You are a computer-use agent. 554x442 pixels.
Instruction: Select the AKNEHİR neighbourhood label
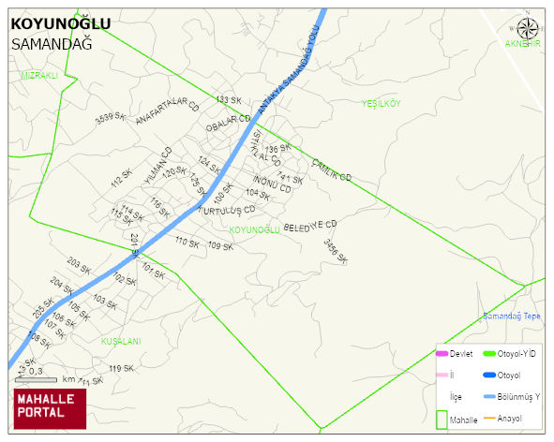coord(523,44)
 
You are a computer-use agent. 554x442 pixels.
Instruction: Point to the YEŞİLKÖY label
coord(381,104)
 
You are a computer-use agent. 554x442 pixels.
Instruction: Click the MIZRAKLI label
coord(39,75)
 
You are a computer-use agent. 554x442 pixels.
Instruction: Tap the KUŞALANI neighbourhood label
coord(120,342)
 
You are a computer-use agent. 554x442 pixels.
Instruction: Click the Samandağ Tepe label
coord(511,316)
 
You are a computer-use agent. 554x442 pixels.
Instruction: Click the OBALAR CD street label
coord(229,123)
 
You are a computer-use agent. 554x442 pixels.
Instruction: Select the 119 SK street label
coord(121,368)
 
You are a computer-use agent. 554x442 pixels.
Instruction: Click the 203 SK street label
coord(79,269)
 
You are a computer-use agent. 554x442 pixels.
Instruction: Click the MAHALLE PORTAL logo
coord(49,405)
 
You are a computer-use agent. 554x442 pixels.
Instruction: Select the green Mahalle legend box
coord(441,419)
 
